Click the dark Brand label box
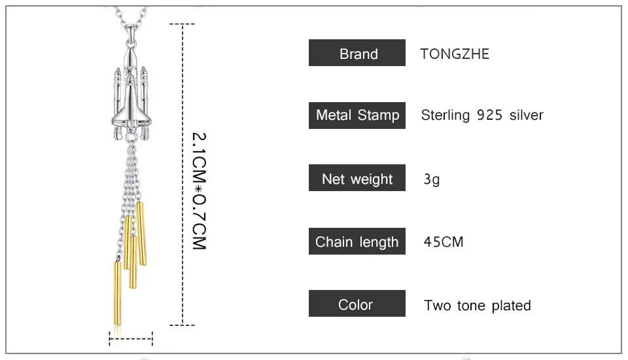coord(357,52)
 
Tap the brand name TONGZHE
coord(455,54)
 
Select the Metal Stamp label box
coord(357,115)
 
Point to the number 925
coord(489,115)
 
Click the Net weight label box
coord(357,177)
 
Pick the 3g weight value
coord(432,179)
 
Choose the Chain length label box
coord(357,242)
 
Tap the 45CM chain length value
coord(444,242)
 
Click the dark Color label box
coord(357,304)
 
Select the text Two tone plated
coord(478,306)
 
